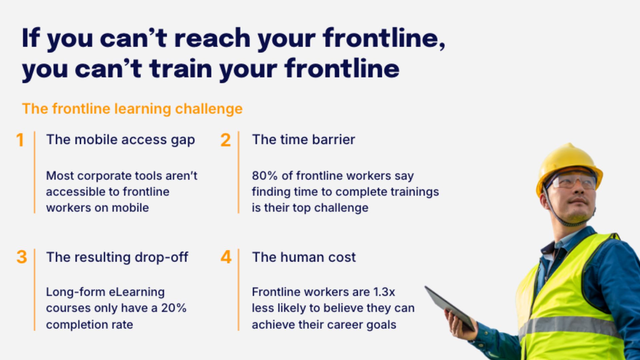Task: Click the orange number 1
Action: pyautogui.click(x=20, y=140)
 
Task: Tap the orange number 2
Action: pyautogui.click(x=226, y=140)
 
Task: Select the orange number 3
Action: pyautogui.click(x=22, y=257)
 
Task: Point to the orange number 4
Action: pyautogui.click(x=226, y=257)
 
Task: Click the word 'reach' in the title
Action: pyautogui.click(x=212, y=38)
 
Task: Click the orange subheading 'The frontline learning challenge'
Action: pyautogui.click(x=132, y=109)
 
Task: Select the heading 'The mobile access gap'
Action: pyautogui.click(x=120, y=140)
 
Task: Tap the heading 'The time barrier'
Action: pyautogui.click(x=303, y=140)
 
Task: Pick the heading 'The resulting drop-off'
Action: pyautogui.click(x=117, y=257)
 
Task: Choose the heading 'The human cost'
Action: pyautogui.click(x=304, y=257)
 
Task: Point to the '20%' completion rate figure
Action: pyautogui.click(x=174, y=308)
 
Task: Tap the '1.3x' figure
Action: pyautogui.click(x=384, y=292)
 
